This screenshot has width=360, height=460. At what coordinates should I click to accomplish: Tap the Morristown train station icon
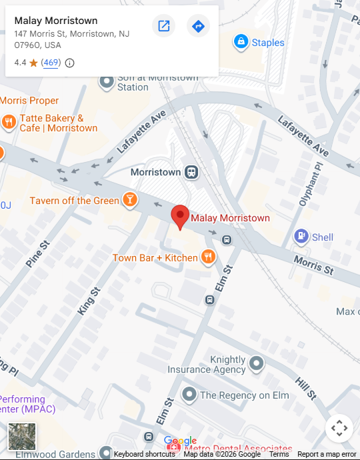point(192,172)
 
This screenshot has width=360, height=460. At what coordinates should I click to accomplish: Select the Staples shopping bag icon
point(240,43)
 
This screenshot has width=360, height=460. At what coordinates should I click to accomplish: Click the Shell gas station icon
point(301,237)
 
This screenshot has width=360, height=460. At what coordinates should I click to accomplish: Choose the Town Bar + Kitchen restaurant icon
point(208,257)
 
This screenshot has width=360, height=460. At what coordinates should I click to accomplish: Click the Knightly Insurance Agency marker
point(257,364)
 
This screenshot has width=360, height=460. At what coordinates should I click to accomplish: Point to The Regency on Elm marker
point(189,395)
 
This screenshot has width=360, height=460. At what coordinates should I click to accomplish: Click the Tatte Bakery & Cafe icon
point(9,122)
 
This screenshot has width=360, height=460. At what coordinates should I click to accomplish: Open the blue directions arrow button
point(198,26)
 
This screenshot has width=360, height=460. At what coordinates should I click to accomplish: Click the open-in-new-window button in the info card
point(163,26)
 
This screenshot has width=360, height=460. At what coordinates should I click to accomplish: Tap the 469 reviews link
point(51,63)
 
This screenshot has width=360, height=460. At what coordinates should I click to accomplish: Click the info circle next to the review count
point(69,63)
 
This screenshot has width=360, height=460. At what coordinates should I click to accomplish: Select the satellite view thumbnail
point(22,437)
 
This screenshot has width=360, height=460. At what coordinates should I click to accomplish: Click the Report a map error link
point(327,454)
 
